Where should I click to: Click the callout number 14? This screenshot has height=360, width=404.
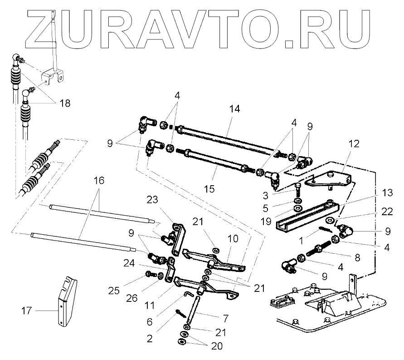(234, 109)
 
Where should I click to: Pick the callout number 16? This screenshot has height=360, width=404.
(99, 180)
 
